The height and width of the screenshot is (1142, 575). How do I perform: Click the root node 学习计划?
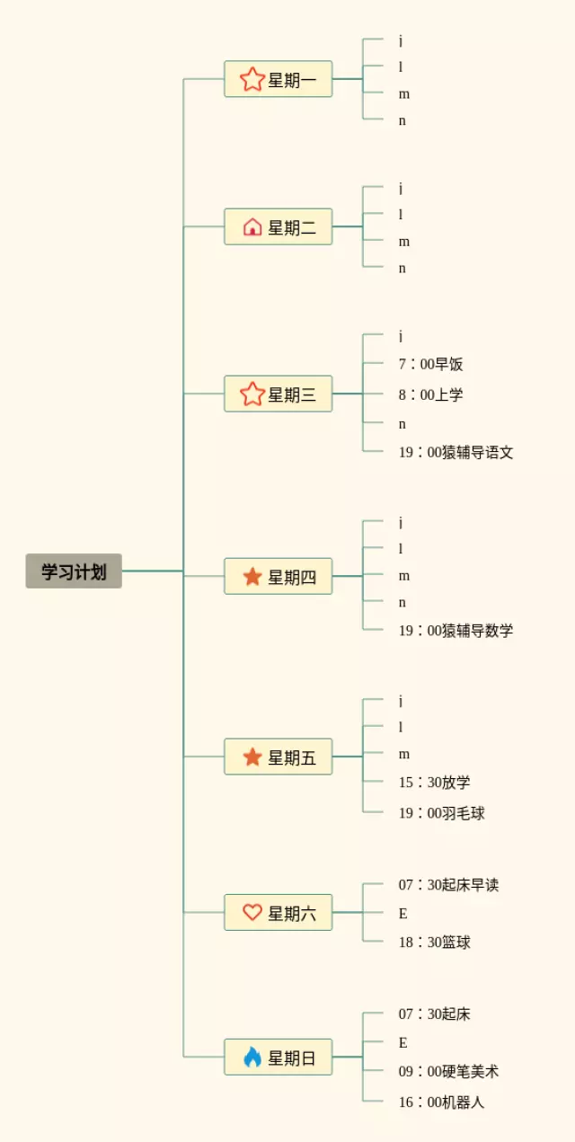(x=74, y=571)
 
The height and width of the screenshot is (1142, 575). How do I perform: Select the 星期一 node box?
(x=278, y=79)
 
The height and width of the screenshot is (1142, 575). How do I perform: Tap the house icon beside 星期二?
(x=252, y=226)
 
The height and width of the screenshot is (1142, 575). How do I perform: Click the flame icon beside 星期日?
(x=252, y=1057)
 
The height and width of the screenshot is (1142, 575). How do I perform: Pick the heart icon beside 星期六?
(x=252, y=912)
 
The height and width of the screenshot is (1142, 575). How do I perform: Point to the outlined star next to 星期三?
(x=252, y=394)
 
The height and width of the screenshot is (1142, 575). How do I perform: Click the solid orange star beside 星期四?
(x=252, y=576)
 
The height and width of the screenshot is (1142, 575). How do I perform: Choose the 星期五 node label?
(x=292, y=757)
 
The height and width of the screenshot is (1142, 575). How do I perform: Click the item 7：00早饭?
(x=431, y=364)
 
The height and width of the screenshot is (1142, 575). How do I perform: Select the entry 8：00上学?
(x=431, y=394)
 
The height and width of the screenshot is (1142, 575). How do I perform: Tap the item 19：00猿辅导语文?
(x=456, y=452)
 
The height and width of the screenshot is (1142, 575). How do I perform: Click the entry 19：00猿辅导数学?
(x=456, y=630)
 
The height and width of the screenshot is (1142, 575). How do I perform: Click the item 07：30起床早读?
(x=448, y=885)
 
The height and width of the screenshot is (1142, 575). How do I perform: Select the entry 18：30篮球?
(x=435, y=942)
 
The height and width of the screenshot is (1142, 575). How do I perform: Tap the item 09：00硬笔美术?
(x=448, y=1071)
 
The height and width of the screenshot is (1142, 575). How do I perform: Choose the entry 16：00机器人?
(x=442, y=1102)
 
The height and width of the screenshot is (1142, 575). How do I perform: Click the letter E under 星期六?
(x=403, y=914)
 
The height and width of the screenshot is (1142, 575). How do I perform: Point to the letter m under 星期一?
(x=404, y=94)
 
